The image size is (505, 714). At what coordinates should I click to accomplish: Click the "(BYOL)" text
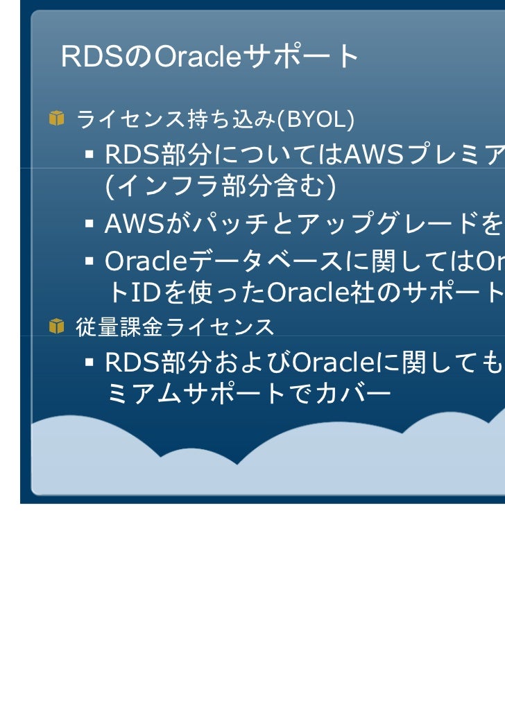coord(316,120)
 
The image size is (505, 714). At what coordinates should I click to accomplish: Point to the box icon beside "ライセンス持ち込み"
coord(57,119)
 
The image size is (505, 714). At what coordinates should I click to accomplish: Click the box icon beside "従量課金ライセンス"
coord(57,326)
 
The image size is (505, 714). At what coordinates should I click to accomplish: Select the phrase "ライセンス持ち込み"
coord(176,120)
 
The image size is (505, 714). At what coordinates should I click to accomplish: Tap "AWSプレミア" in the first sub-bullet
coord(424,156)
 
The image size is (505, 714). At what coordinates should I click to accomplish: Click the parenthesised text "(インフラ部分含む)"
coord(221,186)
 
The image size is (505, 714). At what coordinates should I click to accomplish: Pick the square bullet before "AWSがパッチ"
coord(90,223)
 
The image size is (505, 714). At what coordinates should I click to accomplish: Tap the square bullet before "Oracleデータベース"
coord(90,261)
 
